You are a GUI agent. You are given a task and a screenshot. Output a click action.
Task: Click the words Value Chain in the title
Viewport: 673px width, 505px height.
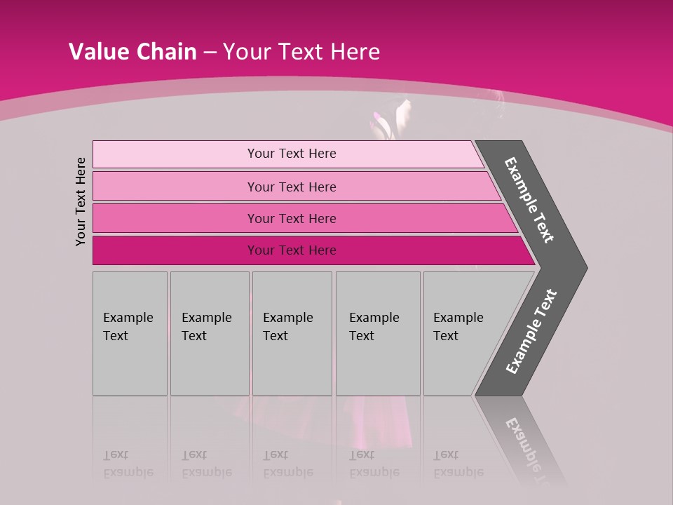(132, 51)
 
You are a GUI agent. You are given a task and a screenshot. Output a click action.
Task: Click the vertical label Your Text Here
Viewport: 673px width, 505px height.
(81, 201)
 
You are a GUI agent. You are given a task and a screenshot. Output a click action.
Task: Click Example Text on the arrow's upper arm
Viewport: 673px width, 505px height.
(529, 200)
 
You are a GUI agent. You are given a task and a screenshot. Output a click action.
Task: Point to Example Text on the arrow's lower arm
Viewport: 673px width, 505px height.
(531, 331)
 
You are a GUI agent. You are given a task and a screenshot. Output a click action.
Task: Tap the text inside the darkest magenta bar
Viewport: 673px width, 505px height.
(292, 250)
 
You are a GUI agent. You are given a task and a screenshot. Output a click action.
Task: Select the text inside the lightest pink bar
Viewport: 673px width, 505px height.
(292, 154)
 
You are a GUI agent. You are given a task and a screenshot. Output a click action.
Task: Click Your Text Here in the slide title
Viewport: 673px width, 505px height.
(301, 51)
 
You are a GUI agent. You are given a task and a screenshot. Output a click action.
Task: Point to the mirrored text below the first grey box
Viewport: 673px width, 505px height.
(128, 464)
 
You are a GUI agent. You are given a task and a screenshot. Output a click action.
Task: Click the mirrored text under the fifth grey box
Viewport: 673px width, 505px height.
(458, 464)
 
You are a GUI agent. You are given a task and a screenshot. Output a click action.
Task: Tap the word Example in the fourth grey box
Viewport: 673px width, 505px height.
(374, 318)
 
